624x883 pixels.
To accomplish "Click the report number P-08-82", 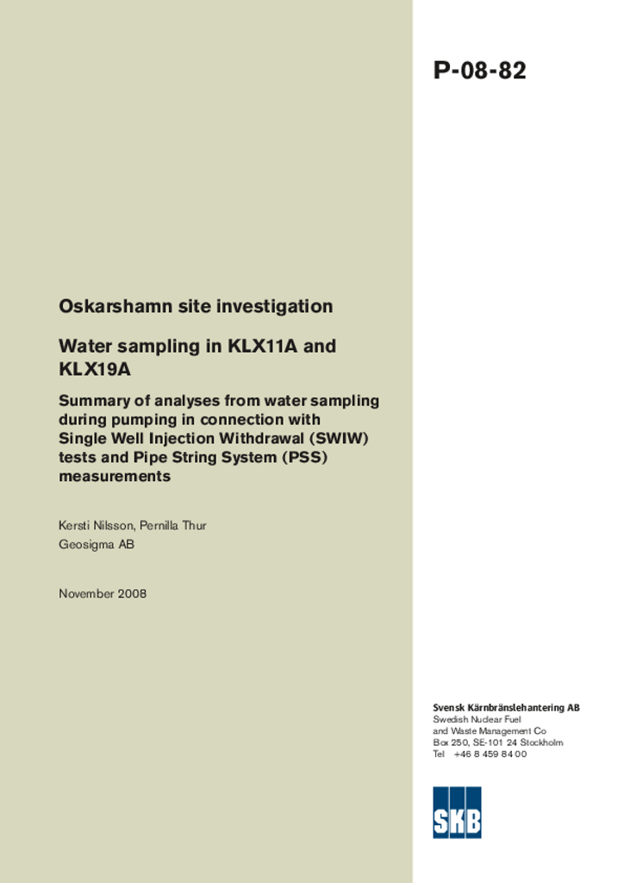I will coord(479,71).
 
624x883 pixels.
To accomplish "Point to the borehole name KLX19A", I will coord(95,370).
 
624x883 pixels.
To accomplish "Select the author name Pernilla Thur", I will coord(177,525).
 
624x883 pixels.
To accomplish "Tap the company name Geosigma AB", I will coord(97,544).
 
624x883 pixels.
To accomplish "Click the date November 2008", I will coord(103,593).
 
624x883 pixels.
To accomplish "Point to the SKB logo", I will coord(457,812).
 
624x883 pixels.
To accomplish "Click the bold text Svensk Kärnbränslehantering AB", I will coord(506,708).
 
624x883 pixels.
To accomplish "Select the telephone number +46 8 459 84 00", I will coord(490,754).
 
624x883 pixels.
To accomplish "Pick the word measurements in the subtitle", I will coord(115,476).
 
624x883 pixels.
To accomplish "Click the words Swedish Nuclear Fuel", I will coord(477,719).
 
